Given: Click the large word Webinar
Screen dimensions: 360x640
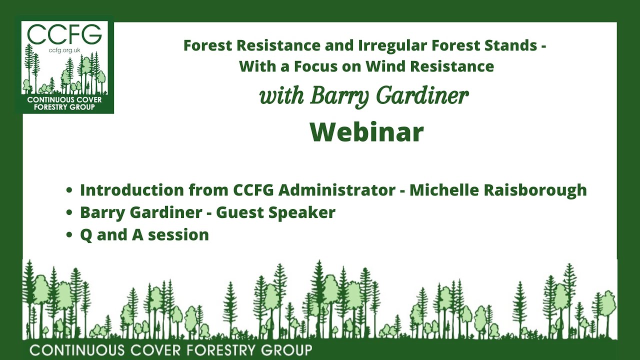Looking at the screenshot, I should tap(366, 132).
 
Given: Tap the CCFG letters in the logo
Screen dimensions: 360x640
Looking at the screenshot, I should tap(64, 34).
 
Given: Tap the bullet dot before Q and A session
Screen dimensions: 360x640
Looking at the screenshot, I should tap(69, 235).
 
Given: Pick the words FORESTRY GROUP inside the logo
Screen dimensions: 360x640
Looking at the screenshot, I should tap(64, 107).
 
